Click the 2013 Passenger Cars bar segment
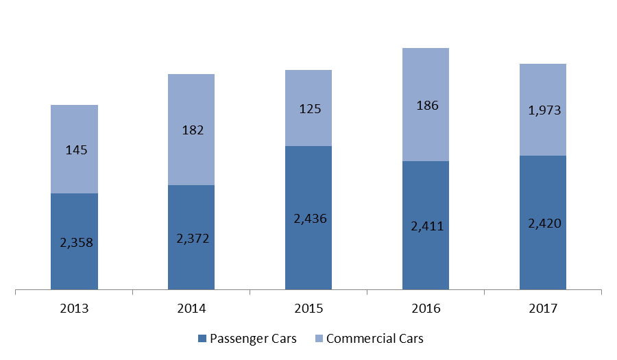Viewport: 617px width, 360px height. (x=74, y=241)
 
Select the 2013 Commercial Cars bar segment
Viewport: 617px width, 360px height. (x=74, y=149)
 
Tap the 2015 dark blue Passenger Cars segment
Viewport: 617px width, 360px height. (x=308, y=218)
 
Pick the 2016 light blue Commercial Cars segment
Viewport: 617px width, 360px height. (x=426, y=105)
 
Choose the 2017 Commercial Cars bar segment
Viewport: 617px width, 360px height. (x=543, y=110)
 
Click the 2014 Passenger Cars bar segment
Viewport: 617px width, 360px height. (x=191, y=237)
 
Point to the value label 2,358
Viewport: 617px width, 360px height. (x=76, y=243)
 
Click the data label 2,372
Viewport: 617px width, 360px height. (x=193, y=239)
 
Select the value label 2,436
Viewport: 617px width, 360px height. (x=310, y=218)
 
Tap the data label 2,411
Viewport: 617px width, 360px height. (x=427, y=226)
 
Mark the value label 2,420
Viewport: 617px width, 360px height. (x=544, y=224)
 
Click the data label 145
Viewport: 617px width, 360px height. (x=76, y=150)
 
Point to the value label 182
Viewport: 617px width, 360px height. (x=193, y=130)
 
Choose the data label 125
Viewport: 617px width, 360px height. (x=310, y=108)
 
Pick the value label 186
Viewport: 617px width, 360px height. (x=427, y=106)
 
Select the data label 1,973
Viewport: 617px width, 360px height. (x=544, y=110)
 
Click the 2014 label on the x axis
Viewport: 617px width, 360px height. (x=191, y=308)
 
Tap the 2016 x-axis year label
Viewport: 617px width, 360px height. (x=426, y=308)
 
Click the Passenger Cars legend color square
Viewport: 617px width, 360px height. (x=202, y=338)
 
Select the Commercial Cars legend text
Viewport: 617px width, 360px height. (x=374, y=338)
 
